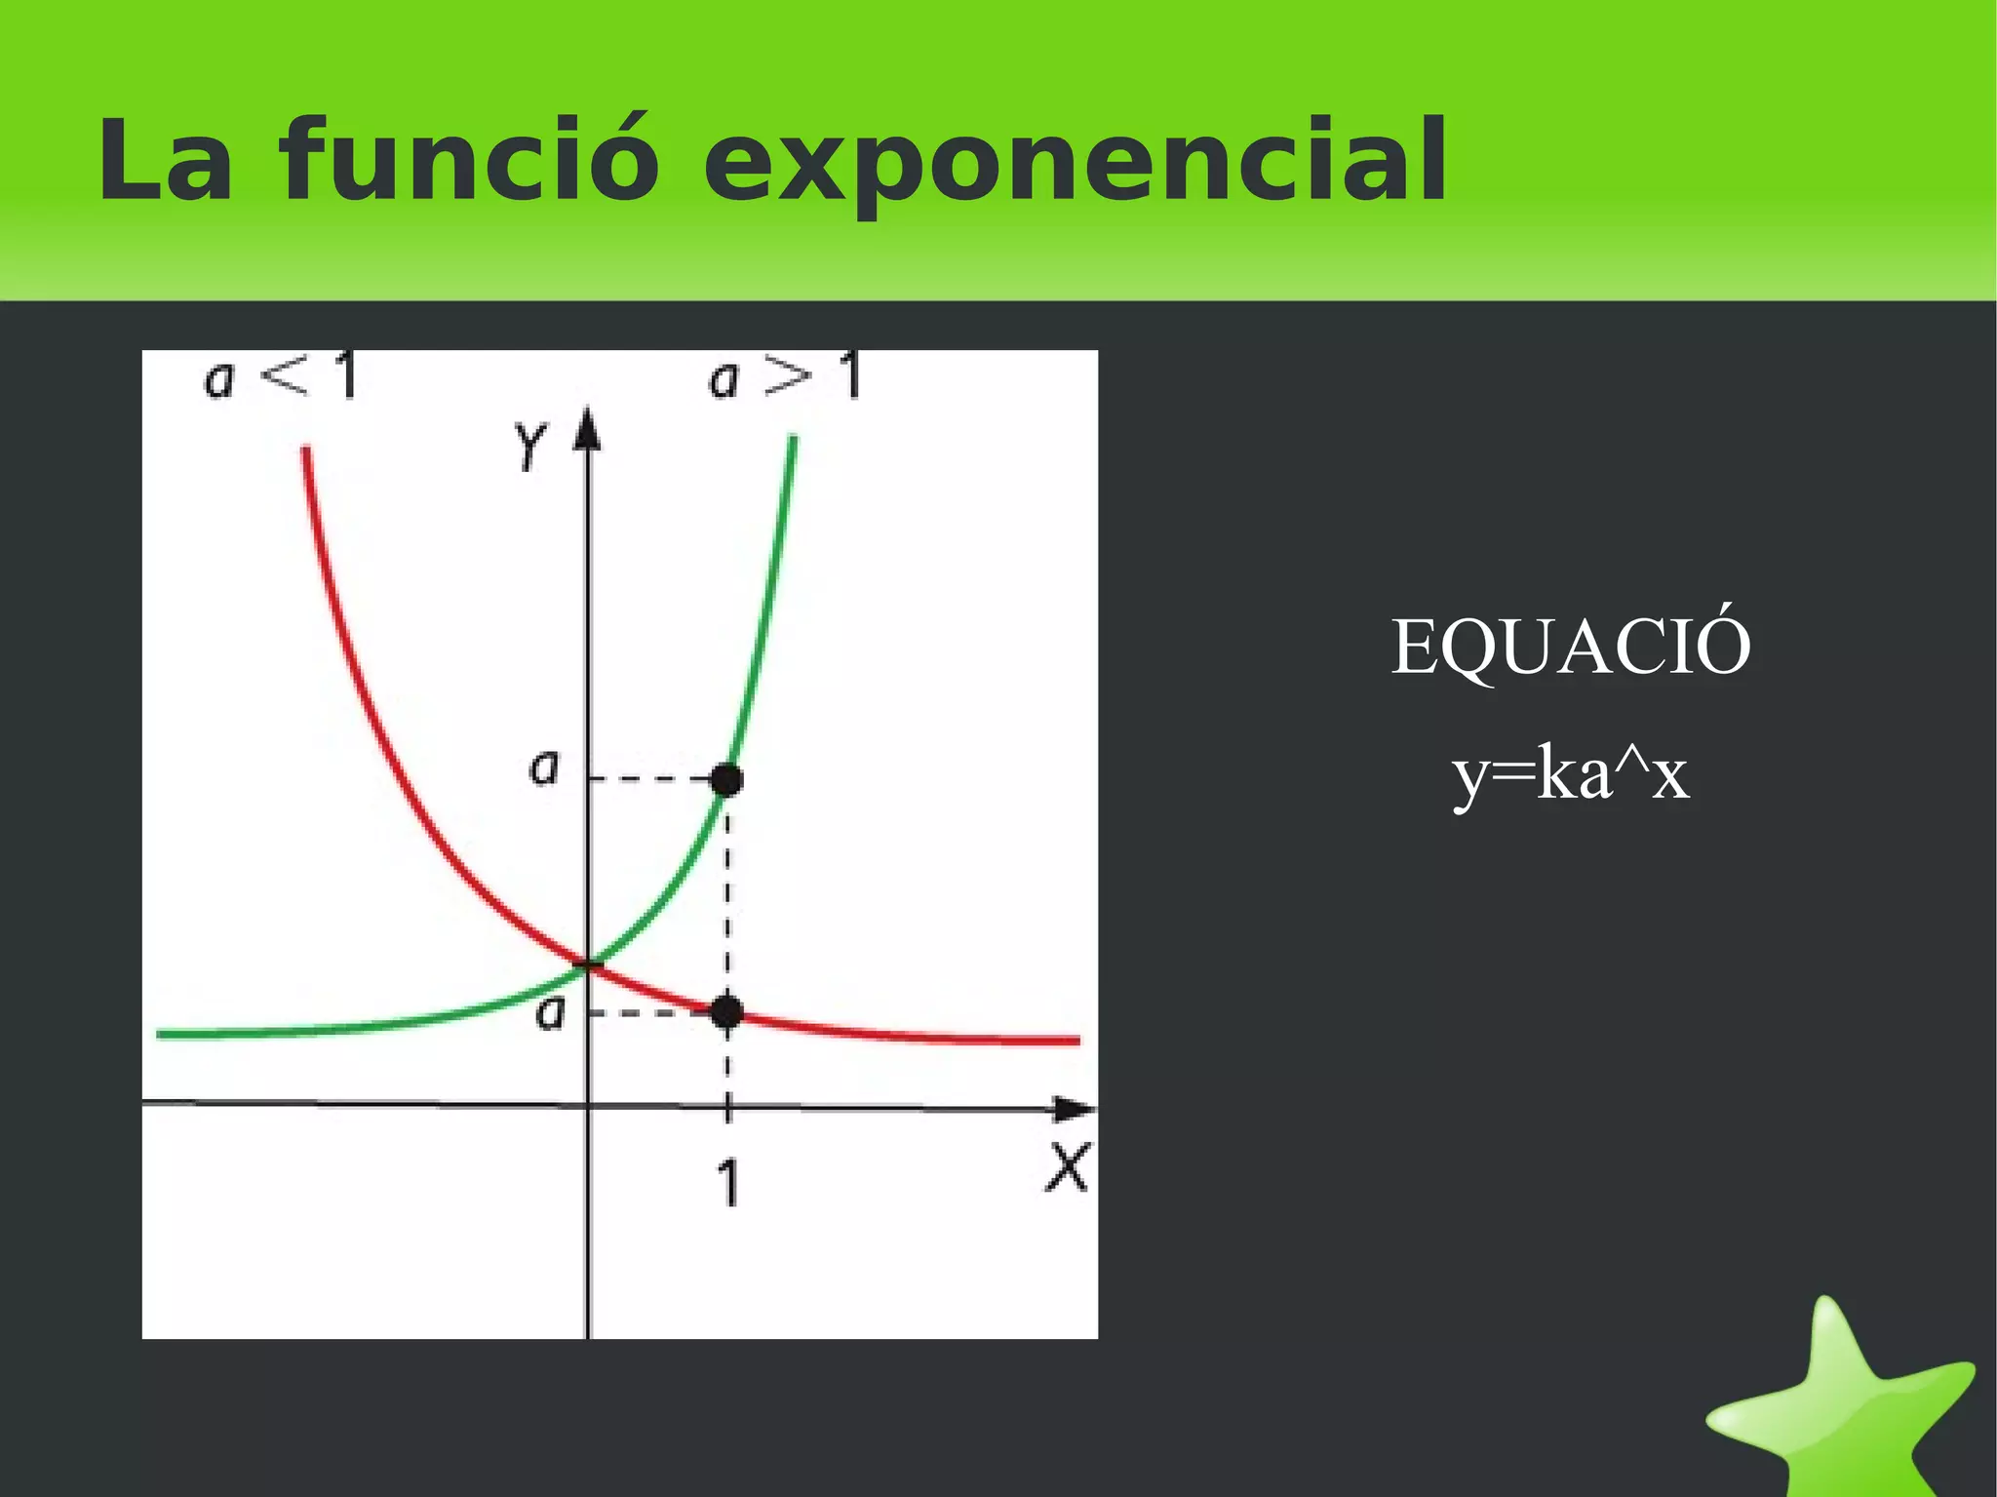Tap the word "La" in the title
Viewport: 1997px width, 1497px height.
(x=165, y=161)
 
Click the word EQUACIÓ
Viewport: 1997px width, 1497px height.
(x=1570, y=647)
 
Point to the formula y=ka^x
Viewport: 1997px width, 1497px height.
(x=1570, y=775)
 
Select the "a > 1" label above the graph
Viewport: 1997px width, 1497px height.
(x=784, y=376)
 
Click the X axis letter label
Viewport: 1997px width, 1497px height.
(x=1068, y=1167)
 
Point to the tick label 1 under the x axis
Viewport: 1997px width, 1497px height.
(x=728, y=1184)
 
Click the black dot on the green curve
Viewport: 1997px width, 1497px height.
(x=726, y=779)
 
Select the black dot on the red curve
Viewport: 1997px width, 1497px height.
(x=726, y=1012)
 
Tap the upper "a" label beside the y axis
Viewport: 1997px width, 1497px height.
(x=544, y=768)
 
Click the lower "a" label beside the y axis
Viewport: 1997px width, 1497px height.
(x=551, y=1013)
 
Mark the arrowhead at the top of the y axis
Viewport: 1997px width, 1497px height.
(x=587, y=429)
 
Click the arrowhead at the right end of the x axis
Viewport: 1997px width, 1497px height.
(x=1076, y=1109)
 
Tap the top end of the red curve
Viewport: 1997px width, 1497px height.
(x=306, y=451)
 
